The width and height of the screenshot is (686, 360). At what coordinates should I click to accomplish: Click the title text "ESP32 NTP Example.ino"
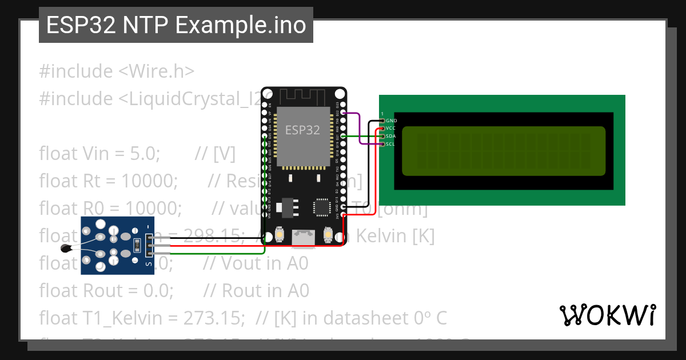[x=176, y=25]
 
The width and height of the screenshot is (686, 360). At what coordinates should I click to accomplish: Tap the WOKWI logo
[x=607, y=315]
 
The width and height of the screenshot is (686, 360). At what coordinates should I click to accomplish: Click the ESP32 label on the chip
[x=302, y=130]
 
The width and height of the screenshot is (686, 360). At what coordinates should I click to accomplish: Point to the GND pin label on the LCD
[x=391, y=121]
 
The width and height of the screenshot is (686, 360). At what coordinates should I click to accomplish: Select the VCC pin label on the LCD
[x=391, y=129]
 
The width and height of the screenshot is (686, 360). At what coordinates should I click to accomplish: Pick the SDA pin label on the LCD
[x=391, y=136]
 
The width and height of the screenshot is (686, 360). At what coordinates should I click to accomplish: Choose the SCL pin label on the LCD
[x=390, y=144]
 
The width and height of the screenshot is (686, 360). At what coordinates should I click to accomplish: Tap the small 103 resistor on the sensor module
[x=137, y=245]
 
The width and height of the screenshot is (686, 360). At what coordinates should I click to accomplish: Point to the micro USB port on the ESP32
[x=303, y=238]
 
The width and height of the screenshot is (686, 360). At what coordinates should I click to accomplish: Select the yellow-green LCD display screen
[x=504, y=151]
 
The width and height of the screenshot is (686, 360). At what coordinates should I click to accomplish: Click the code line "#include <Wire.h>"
[x=117, y=71]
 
